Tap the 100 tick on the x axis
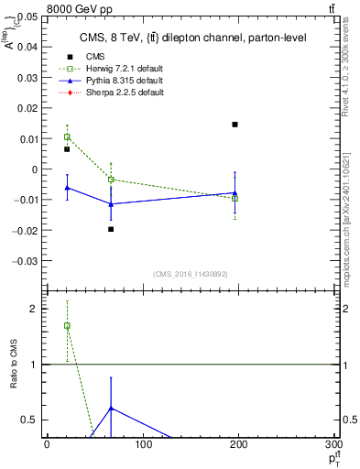tap(143, 444)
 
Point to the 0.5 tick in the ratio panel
tap(28, 420)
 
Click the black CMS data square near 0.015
tap(235, 125)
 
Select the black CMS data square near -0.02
tap(111, 229)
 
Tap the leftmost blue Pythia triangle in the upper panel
tap(67, 187)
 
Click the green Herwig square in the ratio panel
tap(67, 326)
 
